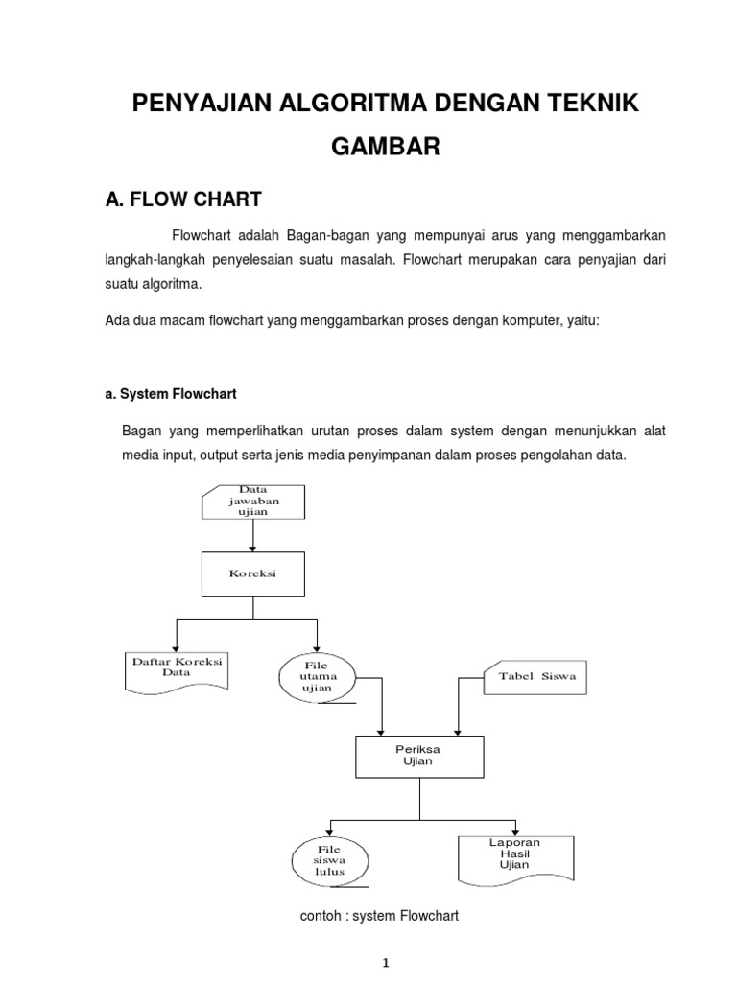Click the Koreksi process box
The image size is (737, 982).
[252, 573]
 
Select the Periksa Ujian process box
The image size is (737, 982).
[419, 755]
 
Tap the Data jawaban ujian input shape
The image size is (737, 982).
[252, 502]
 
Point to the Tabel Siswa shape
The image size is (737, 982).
[535, 676]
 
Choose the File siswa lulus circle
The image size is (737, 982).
[330, 859]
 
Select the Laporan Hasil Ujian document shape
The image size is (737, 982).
[514, 855]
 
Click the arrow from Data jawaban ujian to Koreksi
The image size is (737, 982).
[252, 536]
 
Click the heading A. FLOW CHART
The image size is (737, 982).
[182, 199]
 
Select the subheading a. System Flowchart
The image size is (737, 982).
[171, 394]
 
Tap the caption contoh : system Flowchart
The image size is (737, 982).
[380, 916]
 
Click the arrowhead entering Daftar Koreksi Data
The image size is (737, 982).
[177, 647]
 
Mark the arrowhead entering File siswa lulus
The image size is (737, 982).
[330, 831]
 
